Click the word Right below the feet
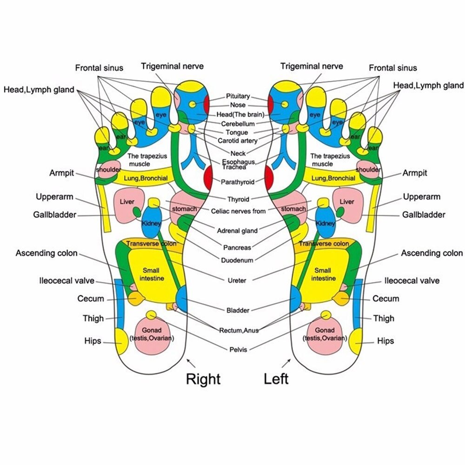203,379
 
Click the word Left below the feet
276,379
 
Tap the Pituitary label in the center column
238,96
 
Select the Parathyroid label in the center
238,182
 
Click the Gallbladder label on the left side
54,215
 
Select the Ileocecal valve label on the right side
412,280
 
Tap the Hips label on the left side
93,341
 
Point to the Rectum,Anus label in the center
239,330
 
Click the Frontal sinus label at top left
99,68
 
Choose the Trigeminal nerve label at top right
312,66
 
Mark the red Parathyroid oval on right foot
208,177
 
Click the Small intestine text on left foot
323,274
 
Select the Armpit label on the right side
414,173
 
